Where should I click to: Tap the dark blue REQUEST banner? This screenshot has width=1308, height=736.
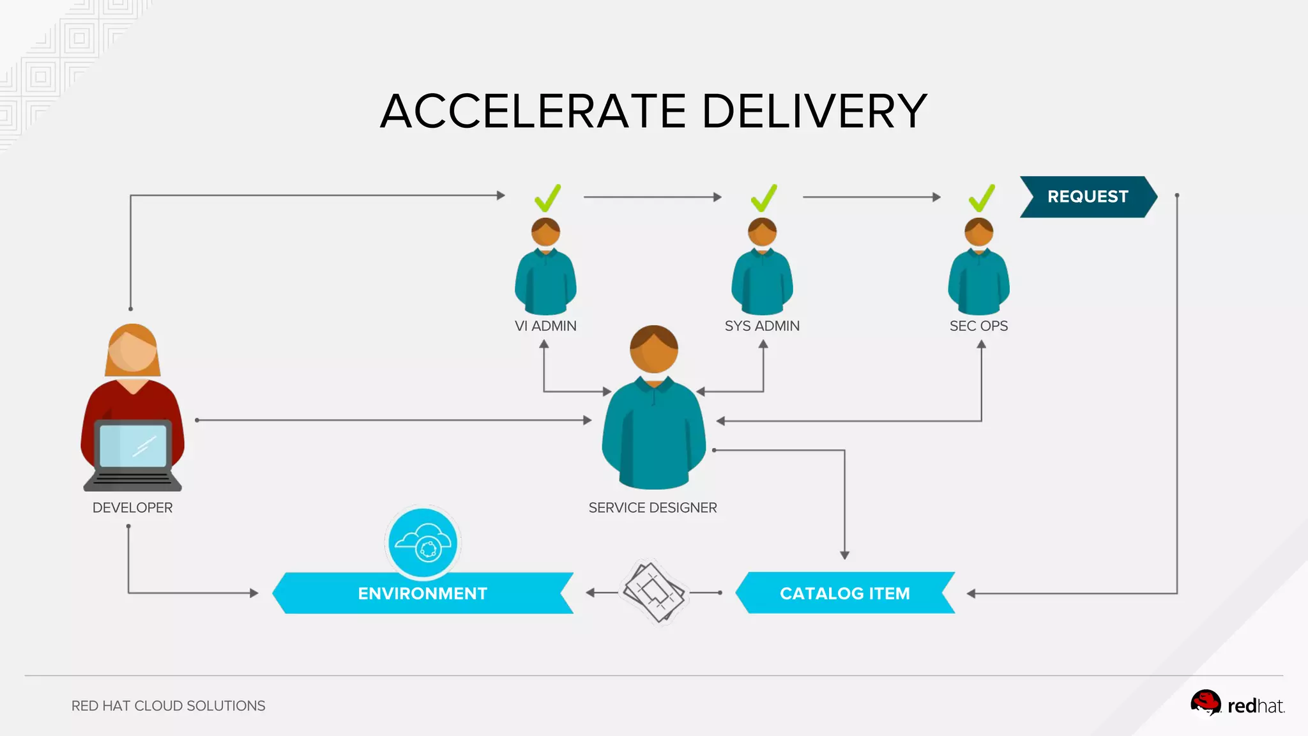(x=1087, y=197)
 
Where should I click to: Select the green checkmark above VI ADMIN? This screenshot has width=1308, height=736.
(x=547, y=198)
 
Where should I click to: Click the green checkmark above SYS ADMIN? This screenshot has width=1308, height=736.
(x=764, y=198)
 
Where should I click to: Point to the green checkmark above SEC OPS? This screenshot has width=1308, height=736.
(x=982, y=198)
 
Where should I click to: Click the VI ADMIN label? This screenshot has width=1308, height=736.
(x=545, y=326)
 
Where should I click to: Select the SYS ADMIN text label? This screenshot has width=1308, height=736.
(x=762, y=326)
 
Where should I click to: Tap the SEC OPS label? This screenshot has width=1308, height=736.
(x=978, y=326)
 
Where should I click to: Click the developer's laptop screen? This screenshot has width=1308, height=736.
(x=133, y=445)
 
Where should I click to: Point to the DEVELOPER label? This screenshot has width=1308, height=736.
(x=132, y=508)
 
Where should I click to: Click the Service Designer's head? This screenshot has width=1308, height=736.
(x=653, y=350)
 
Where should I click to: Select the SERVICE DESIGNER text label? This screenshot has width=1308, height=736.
(x=653, y=508)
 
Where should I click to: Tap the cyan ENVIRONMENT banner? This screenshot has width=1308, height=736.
(x=422, y=594)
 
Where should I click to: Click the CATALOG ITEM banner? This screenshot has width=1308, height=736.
(x=844, y=594)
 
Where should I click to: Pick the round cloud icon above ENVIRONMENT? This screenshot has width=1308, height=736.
(x=423, y=543)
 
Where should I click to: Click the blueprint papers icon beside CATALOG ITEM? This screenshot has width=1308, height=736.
(x=653, y=592)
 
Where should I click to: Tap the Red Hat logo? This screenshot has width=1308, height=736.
(x=1236, y=704)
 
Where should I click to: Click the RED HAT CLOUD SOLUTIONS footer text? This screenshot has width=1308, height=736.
(x=168, y=706)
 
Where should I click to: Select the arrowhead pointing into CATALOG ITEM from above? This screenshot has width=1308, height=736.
(x=844, y=555)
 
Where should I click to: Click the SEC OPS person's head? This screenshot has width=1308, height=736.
(x=978, y=232)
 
